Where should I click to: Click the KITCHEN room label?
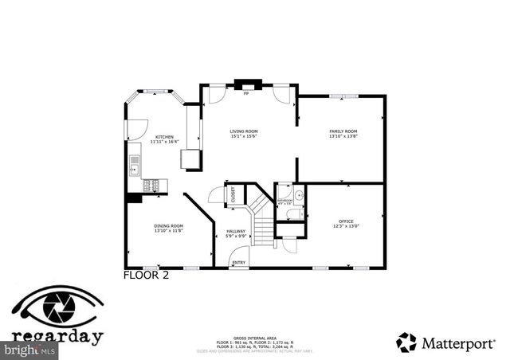coord(165,137)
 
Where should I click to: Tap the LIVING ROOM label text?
coord(243,131)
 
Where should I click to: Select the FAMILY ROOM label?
coord(343,131)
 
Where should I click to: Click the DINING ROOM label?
coord(168,226)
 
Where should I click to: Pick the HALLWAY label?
coord(236,232)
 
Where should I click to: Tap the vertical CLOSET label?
coord(233,195)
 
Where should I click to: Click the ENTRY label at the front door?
coord(238,262)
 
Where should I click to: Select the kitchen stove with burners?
coord(153,186)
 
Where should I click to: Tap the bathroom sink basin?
coord(297,194)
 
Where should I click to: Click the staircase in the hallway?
coord(263,223)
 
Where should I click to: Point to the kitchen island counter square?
coord(191,160)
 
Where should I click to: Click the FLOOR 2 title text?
coord(147,276)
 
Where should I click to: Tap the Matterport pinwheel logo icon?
coord(406,342)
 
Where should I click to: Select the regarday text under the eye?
coord(57,336)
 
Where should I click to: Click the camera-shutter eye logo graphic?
coord(57,307)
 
